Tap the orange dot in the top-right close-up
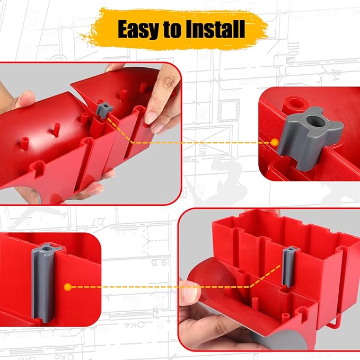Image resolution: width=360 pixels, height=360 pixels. pyautogui.click(x=274, y=142)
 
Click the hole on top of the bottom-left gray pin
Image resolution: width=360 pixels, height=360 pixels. pyautogui.click(x=43, y=248)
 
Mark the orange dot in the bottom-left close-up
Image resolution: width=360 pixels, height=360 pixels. pyautogui.click(x=68, y=287)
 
